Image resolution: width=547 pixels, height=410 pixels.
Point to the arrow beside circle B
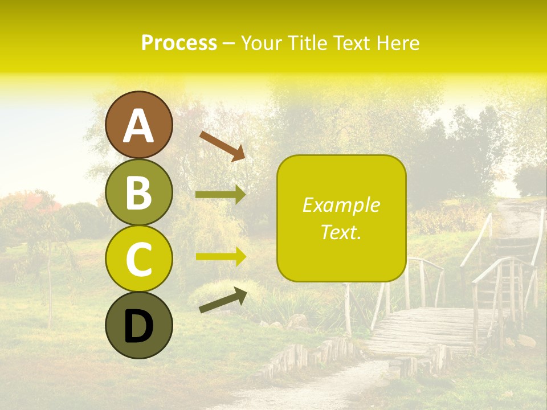pyautogui.click(x=221, y=195)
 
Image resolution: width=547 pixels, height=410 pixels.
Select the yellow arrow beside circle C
pyautogui.click(x=221, y=256)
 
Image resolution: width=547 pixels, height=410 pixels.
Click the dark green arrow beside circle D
pyautogui.click(x=223, y=300)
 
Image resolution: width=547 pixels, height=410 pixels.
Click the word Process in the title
pyautogui.click(x=179, y=43)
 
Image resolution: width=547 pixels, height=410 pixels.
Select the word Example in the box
pyautogui.click(x=341, y=205)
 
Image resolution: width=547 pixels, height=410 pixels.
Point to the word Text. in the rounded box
pyautogui.click(x=341, y=232)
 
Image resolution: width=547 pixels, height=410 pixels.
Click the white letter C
pyautogui.click(x=139, y=259)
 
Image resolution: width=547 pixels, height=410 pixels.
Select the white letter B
pyautogui.click(x=139, y=193)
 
